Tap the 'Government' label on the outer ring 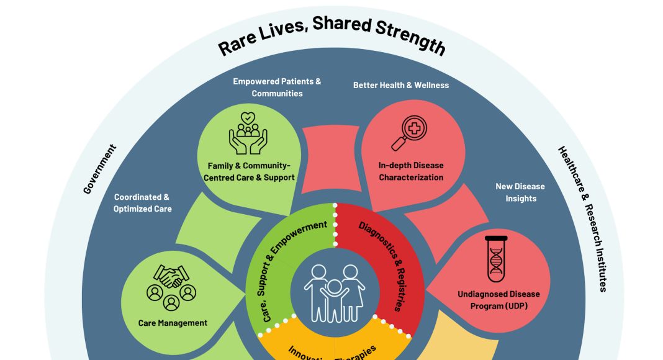click(100, 169)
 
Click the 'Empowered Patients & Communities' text click(277, 88)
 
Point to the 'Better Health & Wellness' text click(401, 85)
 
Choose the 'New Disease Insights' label click(520, 192)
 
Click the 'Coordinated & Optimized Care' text click(142, 203)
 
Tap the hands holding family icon click(248, 132)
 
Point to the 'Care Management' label click(173, 323)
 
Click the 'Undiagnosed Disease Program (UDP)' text click(498, 300)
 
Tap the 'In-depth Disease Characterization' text click(411, 171)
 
